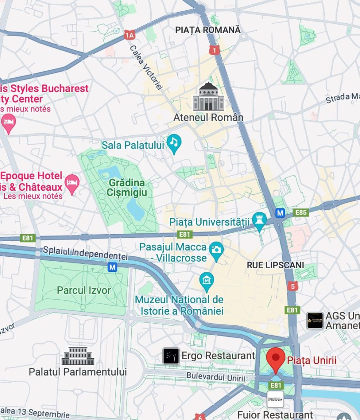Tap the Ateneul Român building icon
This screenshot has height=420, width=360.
coord(209,97)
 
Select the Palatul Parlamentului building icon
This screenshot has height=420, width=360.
coord(78,356)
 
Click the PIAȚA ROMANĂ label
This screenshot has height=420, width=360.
coord(208,30)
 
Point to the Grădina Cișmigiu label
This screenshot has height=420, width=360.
coord(128,187)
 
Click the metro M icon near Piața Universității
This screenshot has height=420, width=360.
coord(280,213)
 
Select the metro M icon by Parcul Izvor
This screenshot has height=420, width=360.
coord(112,267)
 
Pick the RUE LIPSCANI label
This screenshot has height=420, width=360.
coord(275,265)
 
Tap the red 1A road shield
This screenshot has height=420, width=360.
coord(130,35)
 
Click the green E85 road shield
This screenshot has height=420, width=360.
coord(301,212)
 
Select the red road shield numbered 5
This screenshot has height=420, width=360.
coord(292,286)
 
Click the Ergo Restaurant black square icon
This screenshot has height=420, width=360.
coord(171,356)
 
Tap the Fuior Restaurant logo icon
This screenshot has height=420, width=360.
coord(275,399)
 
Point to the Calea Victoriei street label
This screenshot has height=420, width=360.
coord(146,67)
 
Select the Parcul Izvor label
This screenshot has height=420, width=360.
coord(84,290)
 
